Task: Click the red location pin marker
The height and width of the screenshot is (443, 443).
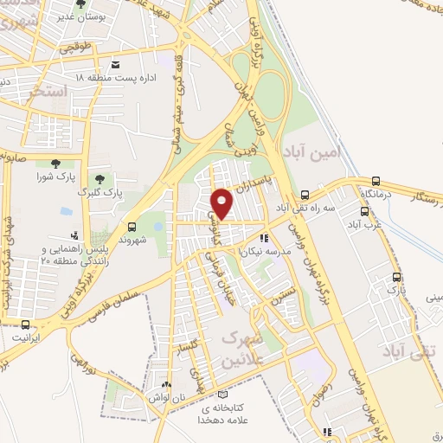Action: tap(222, 203)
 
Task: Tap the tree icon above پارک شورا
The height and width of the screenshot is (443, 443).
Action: tap(55, 164)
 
